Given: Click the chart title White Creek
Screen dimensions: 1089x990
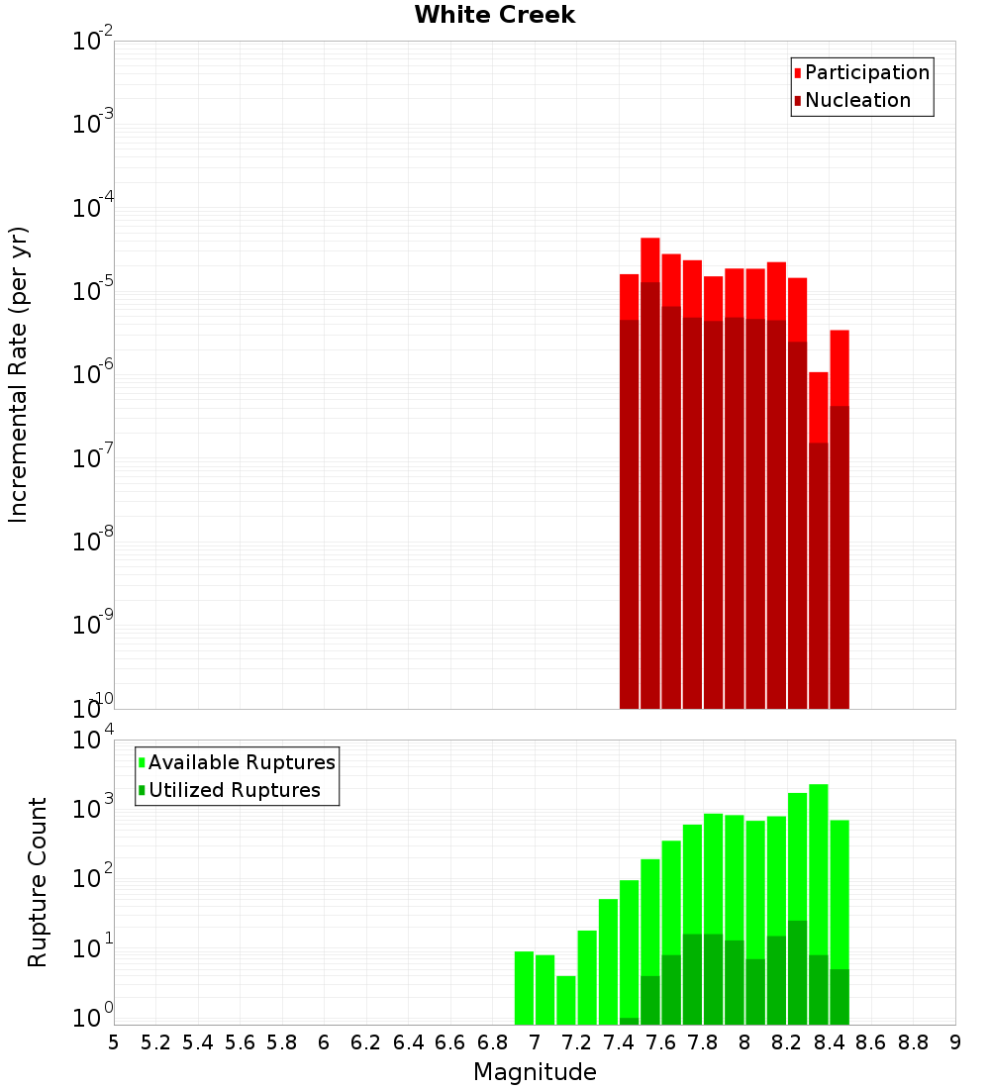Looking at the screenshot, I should (494, 15).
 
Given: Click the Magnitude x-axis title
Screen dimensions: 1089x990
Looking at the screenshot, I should (535, 1072).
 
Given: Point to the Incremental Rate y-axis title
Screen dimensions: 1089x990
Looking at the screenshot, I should (19, 374).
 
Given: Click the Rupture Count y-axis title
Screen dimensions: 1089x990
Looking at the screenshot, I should (38, 881).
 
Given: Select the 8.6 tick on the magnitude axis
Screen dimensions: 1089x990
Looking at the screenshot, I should (871, 1042).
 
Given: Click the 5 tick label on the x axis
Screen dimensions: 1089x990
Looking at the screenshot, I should (114, 1042).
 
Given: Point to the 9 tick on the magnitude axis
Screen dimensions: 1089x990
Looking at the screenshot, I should (955, 1042).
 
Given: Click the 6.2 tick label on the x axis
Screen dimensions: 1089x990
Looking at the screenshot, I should (366, 1042).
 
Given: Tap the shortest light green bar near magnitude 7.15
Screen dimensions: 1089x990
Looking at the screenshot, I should (566, 1000).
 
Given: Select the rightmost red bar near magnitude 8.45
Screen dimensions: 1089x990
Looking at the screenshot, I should (840, 366).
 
